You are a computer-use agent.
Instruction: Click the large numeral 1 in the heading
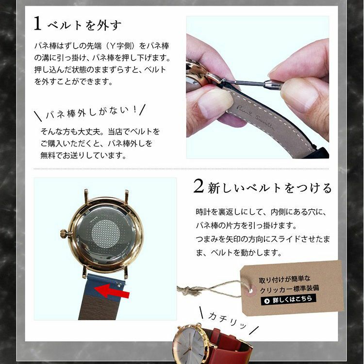coord(37,23)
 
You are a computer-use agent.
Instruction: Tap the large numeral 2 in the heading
coord(199,186)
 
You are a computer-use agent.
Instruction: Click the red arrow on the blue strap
coord(112,291)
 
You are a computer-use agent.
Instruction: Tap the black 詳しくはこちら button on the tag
coord(288,300)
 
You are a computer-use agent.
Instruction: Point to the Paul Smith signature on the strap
coord(255,117)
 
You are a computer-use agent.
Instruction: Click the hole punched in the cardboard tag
coord(250,290)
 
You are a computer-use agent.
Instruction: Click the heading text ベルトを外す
coord(84,25)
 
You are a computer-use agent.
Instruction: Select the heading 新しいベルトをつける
coord(270,187)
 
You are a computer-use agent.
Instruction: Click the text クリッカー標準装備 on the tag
coord(289,289)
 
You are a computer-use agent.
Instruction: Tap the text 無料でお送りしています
coord(83,155)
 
